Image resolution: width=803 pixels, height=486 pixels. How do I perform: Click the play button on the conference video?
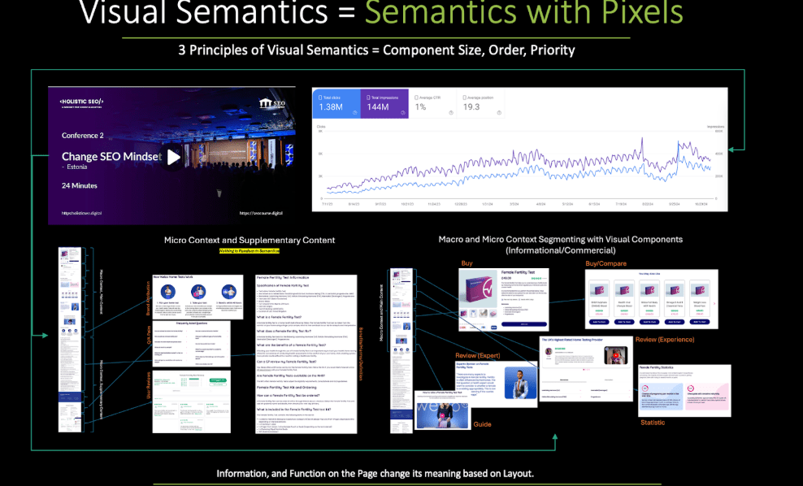coord(173,158)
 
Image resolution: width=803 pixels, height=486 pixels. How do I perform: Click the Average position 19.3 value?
coord(471,107)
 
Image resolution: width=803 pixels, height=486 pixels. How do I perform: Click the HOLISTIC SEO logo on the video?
coord(82,101)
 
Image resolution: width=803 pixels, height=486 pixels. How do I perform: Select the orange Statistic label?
coord(653,423)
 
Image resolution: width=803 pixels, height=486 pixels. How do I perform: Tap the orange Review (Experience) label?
coord(665,339)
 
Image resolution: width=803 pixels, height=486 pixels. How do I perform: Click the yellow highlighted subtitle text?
coord(249,252)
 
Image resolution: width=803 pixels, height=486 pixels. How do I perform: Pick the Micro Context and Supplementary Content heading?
coord(249,241)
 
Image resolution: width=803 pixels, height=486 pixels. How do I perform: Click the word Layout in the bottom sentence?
coord(514,473)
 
